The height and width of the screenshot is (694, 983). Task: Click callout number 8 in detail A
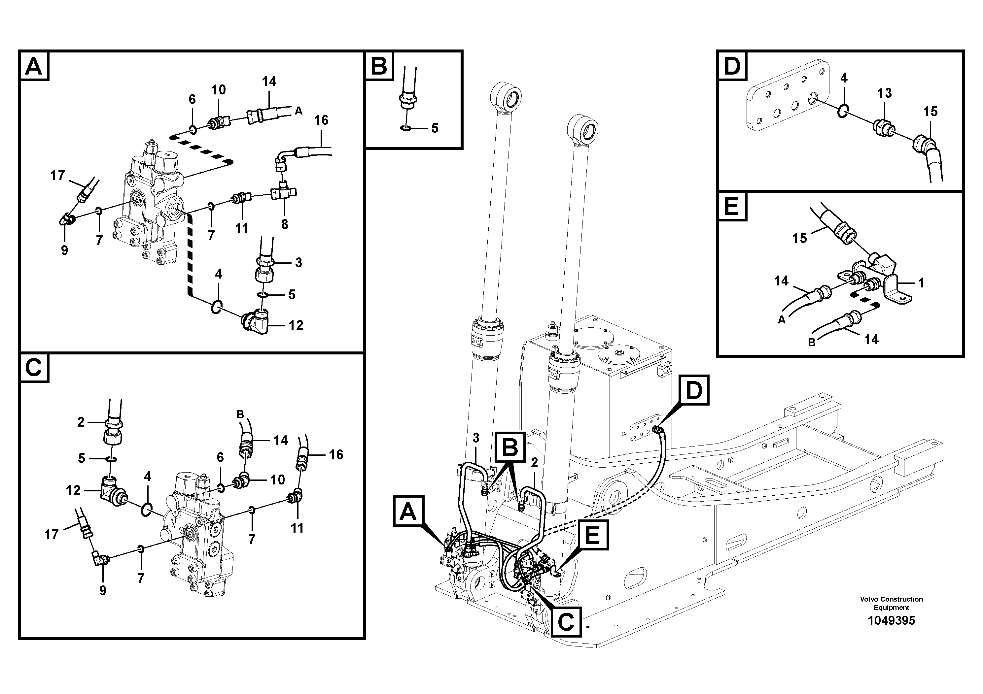(x=285, y=223)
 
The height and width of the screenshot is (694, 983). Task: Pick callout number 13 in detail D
(x=885, y=92)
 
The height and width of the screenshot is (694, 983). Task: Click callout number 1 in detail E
(x=921, y=282)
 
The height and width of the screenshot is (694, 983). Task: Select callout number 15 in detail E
(x=799, y=238)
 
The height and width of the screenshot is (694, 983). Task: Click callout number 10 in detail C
(x=277, y=479)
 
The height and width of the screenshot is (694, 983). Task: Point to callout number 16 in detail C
(x=336, y=454)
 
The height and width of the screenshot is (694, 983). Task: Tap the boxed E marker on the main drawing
(x=592, y=535)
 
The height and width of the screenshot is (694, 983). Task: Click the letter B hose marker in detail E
(x=811, y=342)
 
